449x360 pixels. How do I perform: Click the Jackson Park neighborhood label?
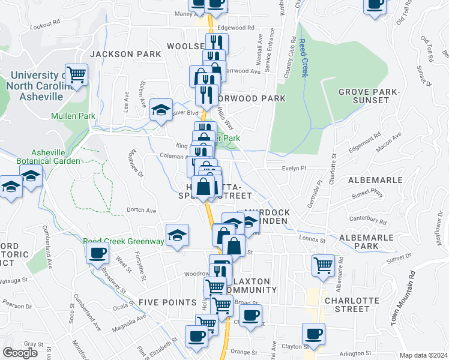point(126,54)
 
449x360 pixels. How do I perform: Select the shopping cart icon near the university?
point(77,75)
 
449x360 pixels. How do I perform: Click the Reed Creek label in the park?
point(303,58)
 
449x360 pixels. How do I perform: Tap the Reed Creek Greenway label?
point(124,241)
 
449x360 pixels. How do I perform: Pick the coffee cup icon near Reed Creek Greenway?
point(97,253)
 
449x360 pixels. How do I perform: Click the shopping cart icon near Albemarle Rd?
point(323,264)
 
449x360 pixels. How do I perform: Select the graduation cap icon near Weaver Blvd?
point(161,109)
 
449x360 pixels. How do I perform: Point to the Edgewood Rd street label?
point(237,28)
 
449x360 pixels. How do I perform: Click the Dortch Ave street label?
point(141,211)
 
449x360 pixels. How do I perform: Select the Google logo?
point(20,353)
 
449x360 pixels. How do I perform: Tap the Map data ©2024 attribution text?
point(423,355)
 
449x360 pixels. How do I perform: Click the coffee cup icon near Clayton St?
point(313,332)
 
